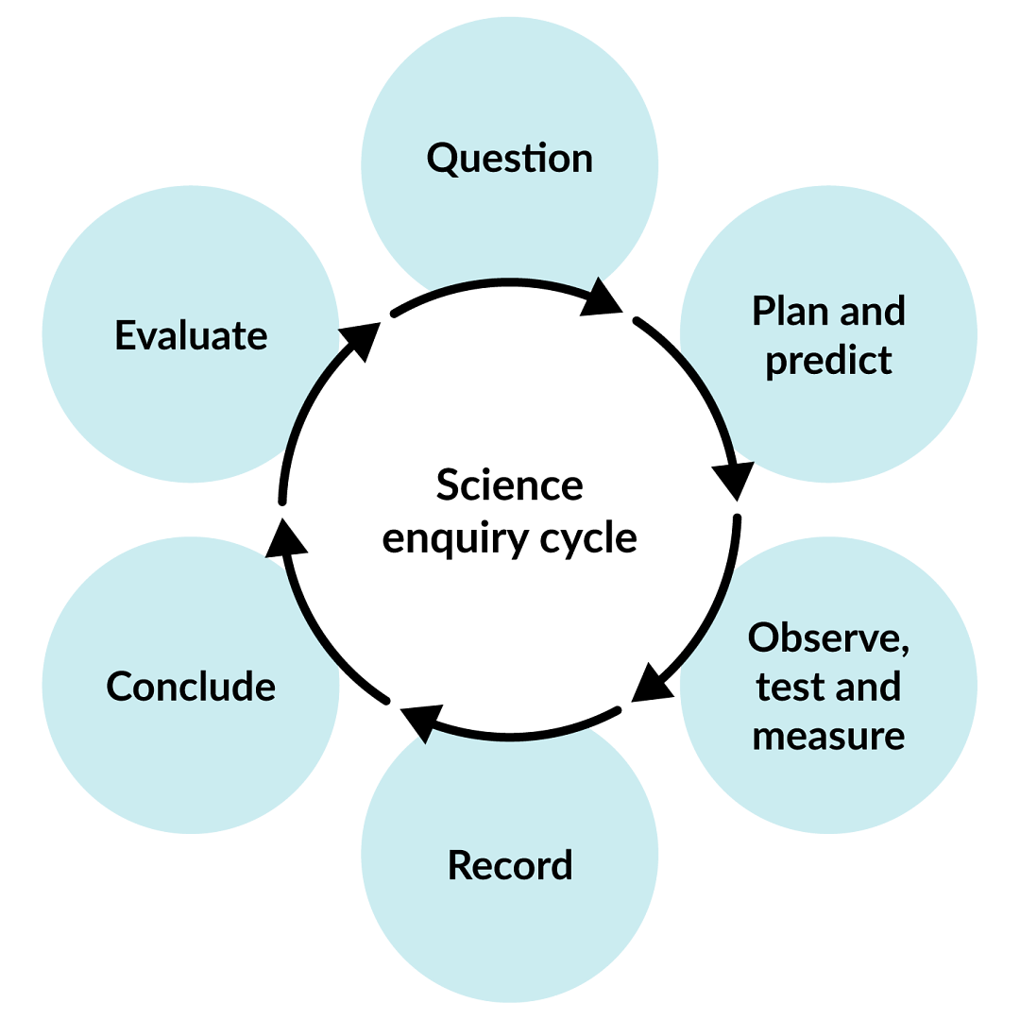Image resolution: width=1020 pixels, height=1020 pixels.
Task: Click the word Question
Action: click(509, 158)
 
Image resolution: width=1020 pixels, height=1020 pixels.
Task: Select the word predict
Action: click(828, 360)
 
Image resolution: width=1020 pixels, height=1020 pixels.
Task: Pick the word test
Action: click(787, 687)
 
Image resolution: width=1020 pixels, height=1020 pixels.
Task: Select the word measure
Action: click(828, 736)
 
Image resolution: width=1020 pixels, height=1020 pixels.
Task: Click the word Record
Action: click(509, 865)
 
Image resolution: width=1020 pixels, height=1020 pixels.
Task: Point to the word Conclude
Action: click(191, 687)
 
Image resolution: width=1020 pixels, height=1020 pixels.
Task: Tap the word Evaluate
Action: click(191, 335)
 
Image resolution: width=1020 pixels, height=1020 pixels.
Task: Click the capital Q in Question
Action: click(442, 159)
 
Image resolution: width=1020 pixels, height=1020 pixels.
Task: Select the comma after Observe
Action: click(905, 650)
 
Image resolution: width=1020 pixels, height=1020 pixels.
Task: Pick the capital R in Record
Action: click(460, 865)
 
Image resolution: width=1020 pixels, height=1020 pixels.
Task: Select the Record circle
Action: click(509, 935)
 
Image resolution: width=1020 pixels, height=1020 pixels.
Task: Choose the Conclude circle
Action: click(191, 756)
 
